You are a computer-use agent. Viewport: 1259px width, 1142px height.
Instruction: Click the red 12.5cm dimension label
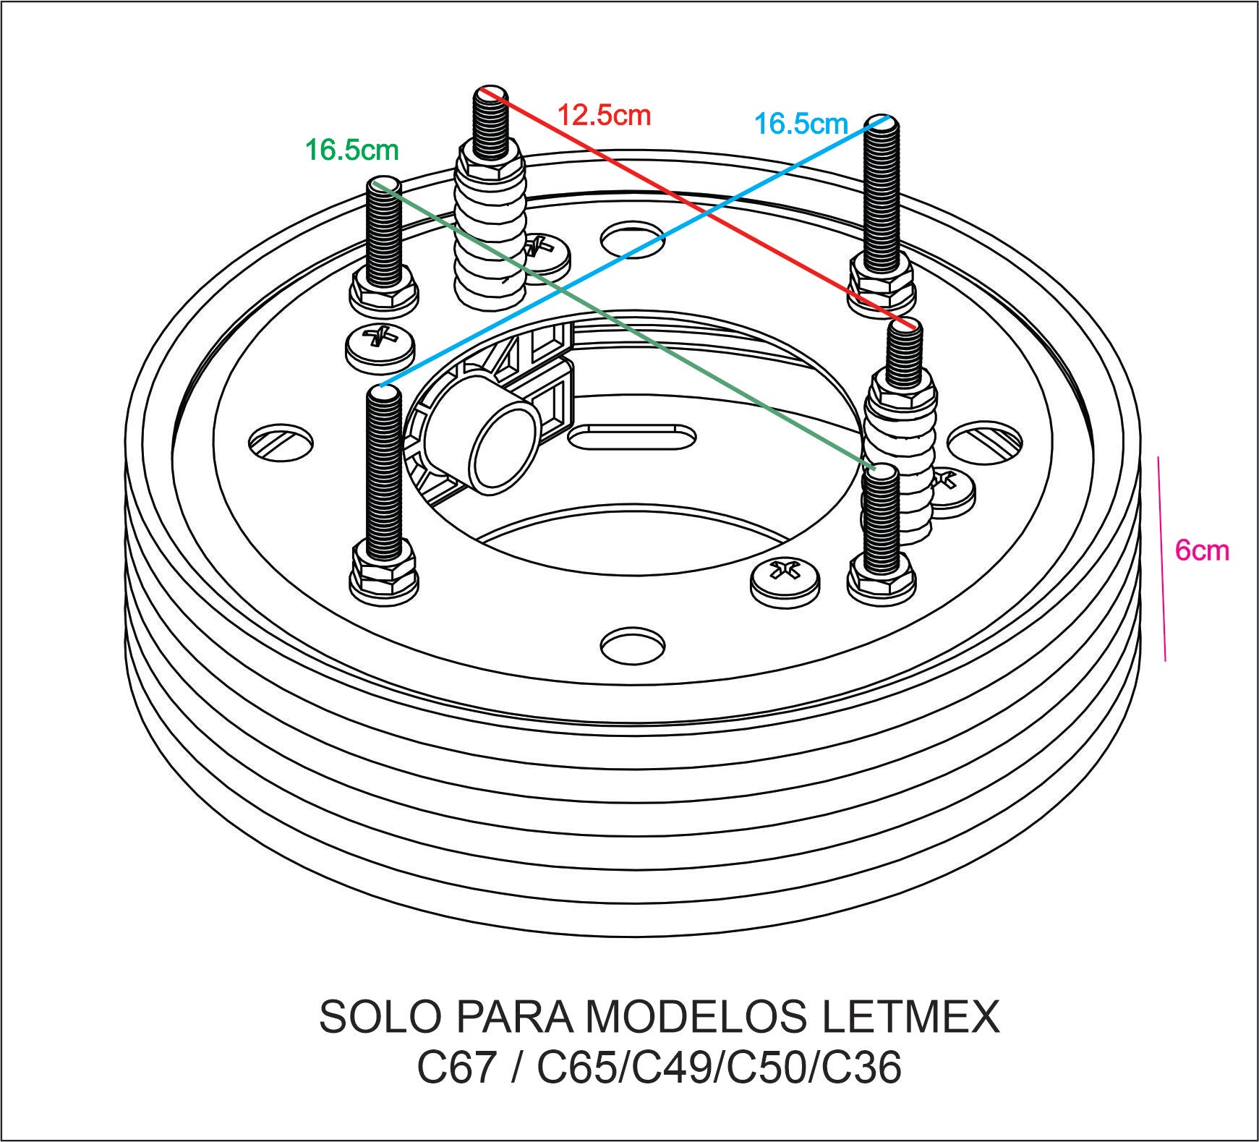604,115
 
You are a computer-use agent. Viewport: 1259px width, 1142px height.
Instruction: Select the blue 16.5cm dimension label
801,124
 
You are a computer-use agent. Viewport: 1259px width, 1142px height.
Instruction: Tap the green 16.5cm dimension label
351,150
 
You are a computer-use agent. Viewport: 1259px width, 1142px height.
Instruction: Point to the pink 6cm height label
1202,550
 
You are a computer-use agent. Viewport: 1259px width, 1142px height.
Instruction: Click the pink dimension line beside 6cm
1162,558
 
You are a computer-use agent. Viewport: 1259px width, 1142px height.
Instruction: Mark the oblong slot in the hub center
632,437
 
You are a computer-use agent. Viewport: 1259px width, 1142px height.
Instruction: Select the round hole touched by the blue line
632,239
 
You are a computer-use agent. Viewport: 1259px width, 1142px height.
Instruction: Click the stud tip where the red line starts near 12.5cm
491,93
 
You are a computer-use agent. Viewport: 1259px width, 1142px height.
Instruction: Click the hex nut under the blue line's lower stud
383,571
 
